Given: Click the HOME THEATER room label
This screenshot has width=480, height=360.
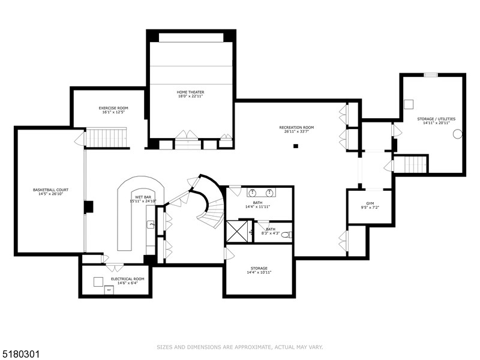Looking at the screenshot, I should coord(190,92).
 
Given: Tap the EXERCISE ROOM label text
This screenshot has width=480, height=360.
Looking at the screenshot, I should coord(113,108).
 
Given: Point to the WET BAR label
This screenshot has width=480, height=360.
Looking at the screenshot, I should coord(142,197).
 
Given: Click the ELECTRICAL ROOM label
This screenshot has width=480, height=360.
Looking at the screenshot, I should coord(127,279).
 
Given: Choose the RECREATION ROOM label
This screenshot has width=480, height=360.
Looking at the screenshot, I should coord(296,127).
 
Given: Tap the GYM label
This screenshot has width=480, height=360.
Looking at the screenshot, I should coord(370,204).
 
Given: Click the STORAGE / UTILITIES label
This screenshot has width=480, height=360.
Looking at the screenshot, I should coord(434,119).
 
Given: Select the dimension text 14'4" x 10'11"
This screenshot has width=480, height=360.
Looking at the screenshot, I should coord(259,272).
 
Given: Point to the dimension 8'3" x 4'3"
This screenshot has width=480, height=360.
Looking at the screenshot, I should coord(271,233).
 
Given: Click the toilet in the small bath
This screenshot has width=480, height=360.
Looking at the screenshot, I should coord(287,234).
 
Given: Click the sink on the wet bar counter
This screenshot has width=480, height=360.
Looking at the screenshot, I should coord(151,224).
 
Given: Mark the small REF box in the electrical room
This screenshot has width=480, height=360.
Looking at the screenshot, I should coord(109,290).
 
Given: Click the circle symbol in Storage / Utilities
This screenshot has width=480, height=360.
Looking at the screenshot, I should coord(457,134).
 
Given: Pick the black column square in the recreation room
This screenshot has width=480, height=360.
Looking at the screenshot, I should coord(295,146).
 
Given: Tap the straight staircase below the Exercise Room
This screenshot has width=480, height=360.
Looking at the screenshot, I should coord(107,139).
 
